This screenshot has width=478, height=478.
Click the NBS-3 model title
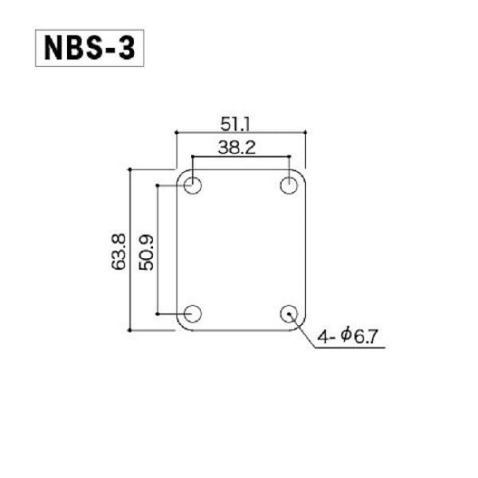pos(89,48)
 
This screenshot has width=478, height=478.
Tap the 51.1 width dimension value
pos(235,124)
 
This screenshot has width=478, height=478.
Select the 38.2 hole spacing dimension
pos(237,147)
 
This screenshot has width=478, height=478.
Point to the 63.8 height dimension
pos(118,252)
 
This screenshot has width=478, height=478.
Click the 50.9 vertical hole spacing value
pos(146,253)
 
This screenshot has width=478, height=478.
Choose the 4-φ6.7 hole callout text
pos(347,336)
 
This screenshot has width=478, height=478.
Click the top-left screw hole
pos(192,185)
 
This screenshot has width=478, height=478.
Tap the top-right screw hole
pos(288,185)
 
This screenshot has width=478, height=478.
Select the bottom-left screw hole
pos(192,314)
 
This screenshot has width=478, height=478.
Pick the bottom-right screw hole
pos(288,314)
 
